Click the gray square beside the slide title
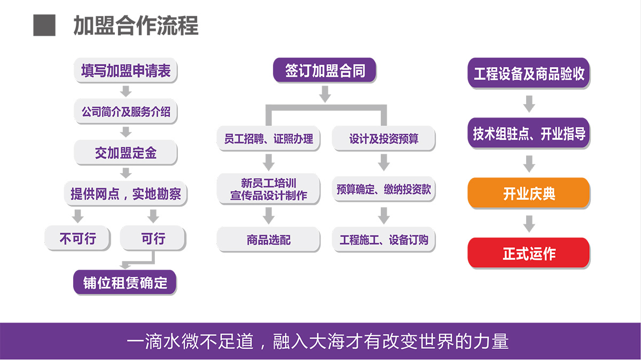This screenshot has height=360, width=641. [x=44, y=25]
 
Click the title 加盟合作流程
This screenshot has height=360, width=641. [x=136, y=26]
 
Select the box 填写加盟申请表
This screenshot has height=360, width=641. [x=126, y=71]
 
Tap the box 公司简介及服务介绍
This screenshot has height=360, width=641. [x=126, y=111]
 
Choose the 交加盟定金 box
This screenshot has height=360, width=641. [x=126, y=153]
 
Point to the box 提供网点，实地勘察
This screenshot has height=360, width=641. [x=126, y=194]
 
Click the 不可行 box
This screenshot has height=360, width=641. [x=77, y=238]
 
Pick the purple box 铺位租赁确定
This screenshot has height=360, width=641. [x=125, y=283]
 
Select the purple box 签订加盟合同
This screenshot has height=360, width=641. [x=325, y=71]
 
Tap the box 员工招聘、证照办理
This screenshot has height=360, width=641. [x=268, y=138]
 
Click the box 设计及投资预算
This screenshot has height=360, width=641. [x=384, y=138]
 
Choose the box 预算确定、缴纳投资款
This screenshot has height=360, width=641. [x=384, y=189]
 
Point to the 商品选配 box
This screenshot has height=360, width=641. [x=268, y=239]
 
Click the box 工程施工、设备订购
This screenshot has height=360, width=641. [x=384, y=239]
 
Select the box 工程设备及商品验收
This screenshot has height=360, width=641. [x=529, y=73]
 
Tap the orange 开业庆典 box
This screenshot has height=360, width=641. [x=529, y=193]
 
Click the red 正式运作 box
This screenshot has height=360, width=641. [x=529, y=253]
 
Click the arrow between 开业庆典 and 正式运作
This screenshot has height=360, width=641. [x=529, y=224]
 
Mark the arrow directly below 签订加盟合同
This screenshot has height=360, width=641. [x=325, y=94]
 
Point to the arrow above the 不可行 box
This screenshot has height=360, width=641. [x=77, y=216]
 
